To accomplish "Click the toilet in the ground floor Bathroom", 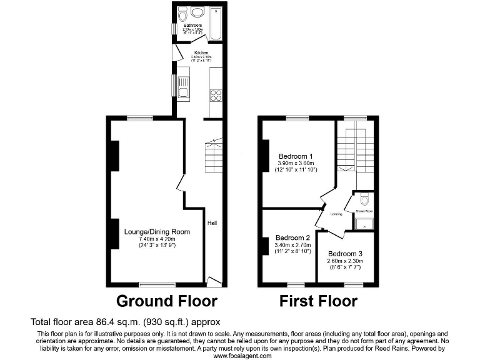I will click(x=182, y=12).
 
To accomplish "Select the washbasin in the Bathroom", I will click(x=197, y=12).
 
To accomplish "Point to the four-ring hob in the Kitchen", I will click(x=216, y=95).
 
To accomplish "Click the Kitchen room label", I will click(x=201, y=52).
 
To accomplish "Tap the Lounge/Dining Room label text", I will click(x=157, y=231).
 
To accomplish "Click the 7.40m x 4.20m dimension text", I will click(x=157, y=239).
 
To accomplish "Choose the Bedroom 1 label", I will click(x=296, y=156).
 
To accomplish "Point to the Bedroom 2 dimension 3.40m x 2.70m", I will click(x=293, y=245).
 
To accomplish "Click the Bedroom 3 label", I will click(x=344, y=254).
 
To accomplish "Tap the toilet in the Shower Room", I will click(x=365, y=200).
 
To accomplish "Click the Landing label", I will click(x=336, y=214).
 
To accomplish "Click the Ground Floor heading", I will click(x=167, y=301).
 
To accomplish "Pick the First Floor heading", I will click(x=318, y=301).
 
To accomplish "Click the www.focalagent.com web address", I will click(x=242, y=355).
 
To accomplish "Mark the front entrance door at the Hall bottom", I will click(x=213, y=281).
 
